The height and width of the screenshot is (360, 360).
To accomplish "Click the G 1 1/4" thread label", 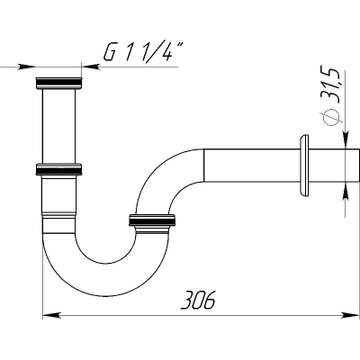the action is click(143, 52).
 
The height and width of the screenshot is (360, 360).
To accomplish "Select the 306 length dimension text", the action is click(198, 300).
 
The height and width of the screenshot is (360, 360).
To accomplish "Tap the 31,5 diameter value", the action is click(330, 85).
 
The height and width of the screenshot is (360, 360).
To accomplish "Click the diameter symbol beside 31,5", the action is click(329, 117).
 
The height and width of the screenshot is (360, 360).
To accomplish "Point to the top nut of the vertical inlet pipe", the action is click(58, 83).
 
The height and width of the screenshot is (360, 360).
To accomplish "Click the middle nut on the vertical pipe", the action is click(58, 169).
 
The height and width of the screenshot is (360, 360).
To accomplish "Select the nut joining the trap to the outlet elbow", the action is click(152, 220).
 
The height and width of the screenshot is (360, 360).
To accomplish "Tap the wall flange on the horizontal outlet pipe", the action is click(303, 166).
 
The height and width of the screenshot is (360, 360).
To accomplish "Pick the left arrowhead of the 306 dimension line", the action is click(51, 315).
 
